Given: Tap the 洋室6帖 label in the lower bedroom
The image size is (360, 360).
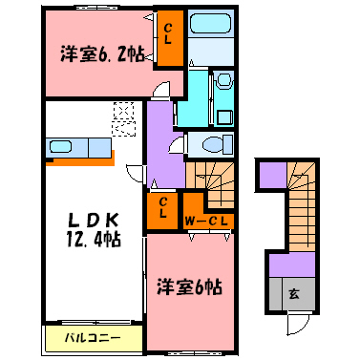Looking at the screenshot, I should [190, 284].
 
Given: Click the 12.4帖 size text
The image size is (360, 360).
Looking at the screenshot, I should [91, 240].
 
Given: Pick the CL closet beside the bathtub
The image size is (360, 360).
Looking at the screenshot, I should [168, 39].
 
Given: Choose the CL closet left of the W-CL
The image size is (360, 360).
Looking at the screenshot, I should [163, 209].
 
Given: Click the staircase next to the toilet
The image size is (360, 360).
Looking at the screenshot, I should [212, 180].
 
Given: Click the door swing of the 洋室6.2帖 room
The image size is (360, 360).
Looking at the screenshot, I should [165, 90].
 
